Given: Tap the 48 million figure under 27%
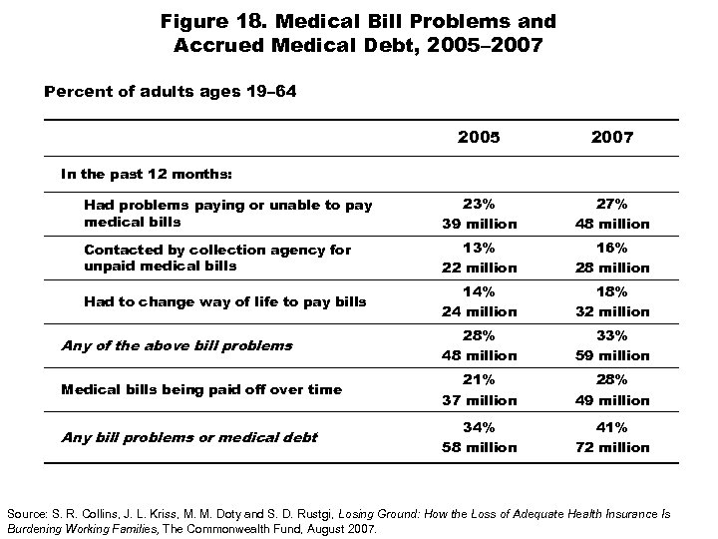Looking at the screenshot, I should [x=611, y=224].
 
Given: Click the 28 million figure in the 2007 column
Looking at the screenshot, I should [x=611, y=268].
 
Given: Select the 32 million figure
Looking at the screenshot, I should [x=611, y=311].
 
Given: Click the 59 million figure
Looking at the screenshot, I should [x=611, y=355].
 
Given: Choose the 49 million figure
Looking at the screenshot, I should [x=611, y=400].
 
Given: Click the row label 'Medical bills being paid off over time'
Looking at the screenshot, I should [x=201, y=389].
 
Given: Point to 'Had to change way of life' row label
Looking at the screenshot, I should [x=225, y=301].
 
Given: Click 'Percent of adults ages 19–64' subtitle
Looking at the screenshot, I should [x=171, y=91].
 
